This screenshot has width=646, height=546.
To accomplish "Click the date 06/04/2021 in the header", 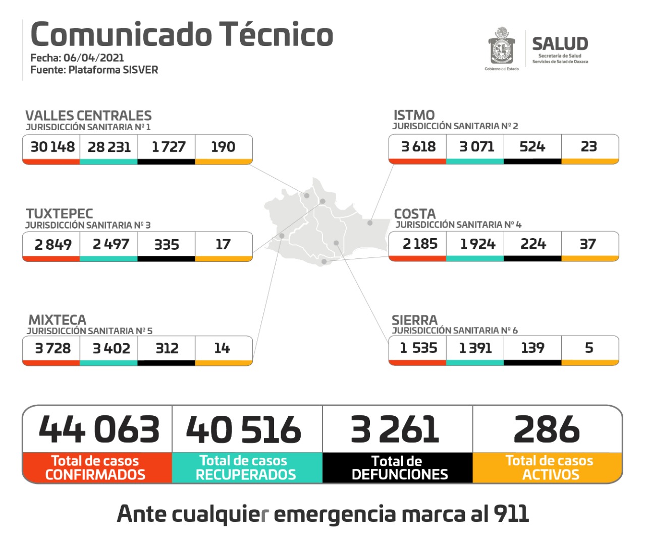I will point(93,58).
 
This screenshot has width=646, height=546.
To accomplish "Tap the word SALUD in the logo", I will point(560,44).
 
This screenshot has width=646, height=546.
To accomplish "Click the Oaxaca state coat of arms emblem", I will point(502,47).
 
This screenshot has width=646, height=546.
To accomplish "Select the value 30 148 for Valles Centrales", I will point(52,147).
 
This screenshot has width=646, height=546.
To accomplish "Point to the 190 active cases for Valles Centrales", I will point(223,147).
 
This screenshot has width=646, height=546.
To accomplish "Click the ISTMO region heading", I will point(414,115).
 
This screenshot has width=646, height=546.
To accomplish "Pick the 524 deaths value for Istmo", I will point(532,147).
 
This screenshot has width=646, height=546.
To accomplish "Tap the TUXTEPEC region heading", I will point(60,213).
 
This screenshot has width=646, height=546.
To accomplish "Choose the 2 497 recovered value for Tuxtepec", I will point(111,244).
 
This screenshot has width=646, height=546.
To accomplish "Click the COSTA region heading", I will point(414,213).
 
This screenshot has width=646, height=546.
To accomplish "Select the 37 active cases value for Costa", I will point(588,244).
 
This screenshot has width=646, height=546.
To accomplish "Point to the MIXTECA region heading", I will point(57,320).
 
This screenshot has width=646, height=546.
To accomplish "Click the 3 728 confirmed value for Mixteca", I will point(52,348).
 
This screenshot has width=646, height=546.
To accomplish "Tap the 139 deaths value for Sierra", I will point(532,348).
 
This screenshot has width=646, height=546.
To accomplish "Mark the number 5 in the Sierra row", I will point(589,348).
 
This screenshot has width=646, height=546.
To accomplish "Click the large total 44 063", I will point(99,429).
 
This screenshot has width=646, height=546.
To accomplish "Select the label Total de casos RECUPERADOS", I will point(246,468).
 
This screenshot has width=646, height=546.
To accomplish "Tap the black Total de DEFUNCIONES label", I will point(399,468).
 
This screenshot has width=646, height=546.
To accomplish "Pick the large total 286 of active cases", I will point(547,429).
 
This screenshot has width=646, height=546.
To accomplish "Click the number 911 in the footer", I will point(511,514).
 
